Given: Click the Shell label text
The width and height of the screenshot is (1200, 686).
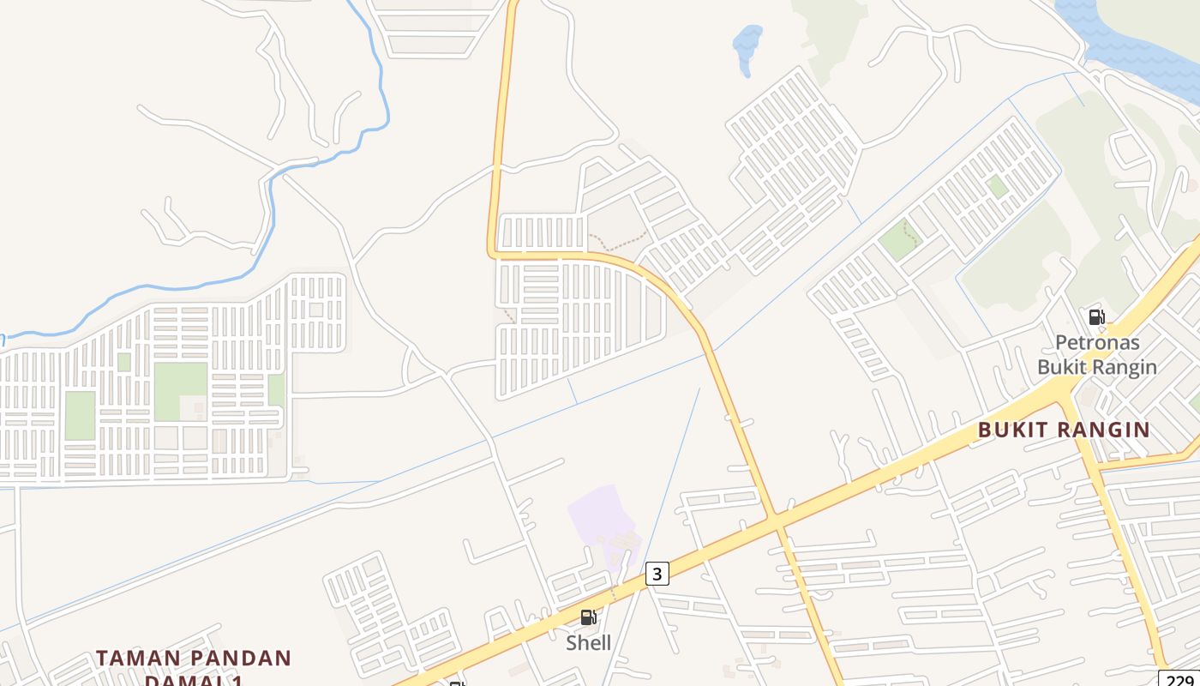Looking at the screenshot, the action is (x=588, y=642).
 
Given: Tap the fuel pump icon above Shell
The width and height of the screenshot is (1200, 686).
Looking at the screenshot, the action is (x=588, y=617).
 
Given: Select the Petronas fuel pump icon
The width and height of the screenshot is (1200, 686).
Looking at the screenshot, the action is (x=1096, y=317).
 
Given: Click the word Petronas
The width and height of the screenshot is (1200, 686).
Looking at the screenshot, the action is (x=1097, y=343).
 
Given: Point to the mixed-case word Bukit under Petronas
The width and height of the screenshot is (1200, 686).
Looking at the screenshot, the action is (x=1059, y=367).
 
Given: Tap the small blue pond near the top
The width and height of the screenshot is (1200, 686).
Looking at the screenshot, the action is (x=747, y=45).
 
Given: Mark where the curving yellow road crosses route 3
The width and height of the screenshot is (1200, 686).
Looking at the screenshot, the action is (x=774, y=521).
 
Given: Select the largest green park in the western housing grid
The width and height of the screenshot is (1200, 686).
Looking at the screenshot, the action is (x=180, y=391).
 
